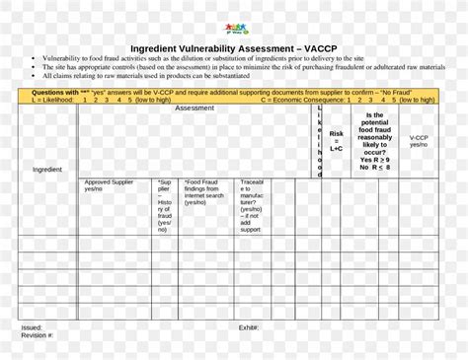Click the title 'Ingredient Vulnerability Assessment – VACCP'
click(234, 48)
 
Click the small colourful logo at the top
click(234, 30)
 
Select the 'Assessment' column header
click(195, 108)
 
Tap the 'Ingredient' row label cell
click(47, 170)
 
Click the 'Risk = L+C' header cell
click(337, 140)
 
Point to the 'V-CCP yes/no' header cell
click(419, 140)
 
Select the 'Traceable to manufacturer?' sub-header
click(253, 204)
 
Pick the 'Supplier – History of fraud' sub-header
click(164, 204)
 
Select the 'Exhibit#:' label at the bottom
click(248, 327)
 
